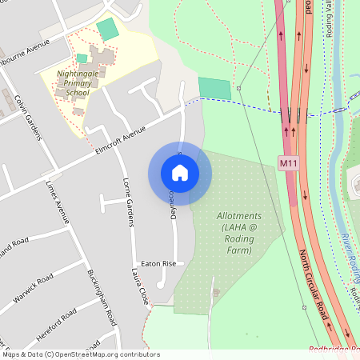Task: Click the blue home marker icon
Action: click(180, 173)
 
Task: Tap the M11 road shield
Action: click(289, 163)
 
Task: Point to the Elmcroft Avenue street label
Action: click(119, 136)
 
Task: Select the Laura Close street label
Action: click(141, 286)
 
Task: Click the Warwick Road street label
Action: click(34, 290)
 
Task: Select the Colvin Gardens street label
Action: click(28, 116)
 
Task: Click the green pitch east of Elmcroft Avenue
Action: click(214, 88)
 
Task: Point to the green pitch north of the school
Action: click(106, 30)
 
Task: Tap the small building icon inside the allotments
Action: click(214, 292)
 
